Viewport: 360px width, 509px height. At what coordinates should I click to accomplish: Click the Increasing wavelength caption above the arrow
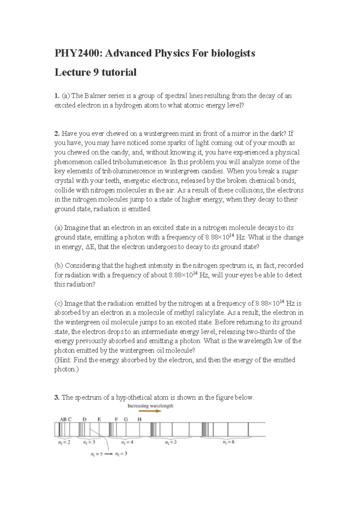tap(150, 406)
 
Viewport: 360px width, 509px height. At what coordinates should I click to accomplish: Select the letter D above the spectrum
tap(84, 419)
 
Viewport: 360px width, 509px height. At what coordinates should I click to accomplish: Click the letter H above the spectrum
tap(139, 419)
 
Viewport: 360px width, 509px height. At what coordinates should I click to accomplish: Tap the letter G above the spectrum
tap(126, 419)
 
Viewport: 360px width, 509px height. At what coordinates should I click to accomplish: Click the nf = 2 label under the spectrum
tap(64, 442)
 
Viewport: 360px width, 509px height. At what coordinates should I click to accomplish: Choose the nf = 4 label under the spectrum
tap(127, 442)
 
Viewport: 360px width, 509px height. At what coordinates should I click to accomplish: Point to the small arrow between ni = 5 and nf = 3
tap(108, 454)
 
